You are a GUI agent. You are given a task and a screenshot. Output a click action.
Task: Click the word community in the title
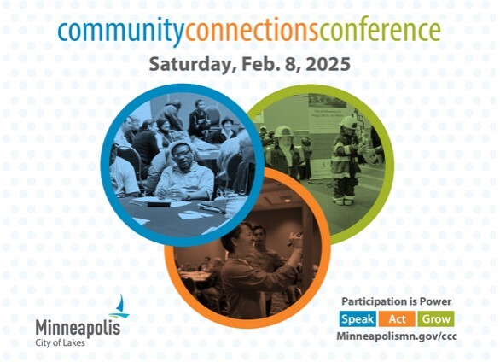(x=119, y=32)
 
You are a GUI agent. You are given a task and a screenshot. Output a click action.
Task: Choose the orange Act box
(x=398, y=318)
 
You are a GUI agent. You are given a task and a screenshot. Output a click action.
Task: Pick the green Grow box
(x=436, y=318)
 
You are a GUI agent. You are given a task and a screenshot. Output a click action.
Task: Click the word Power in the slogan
(x=434, y=301)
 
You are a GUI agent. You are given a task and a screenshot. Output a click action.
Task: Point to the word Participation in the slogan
(x=372, y=301)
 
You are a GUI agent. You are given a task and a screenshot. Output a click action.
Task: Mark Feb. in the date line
(x=258, y=65)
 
